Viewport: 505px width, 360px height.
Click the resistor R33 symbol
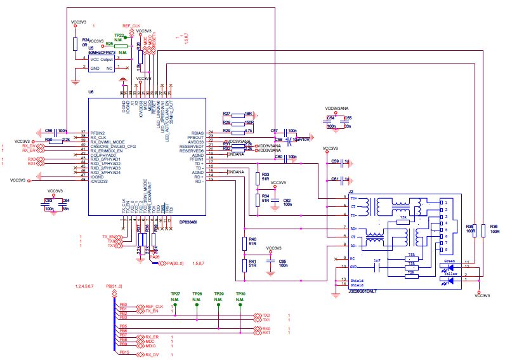pos(258,177)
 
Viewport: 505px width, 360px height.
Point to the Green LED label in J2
pos(449,261)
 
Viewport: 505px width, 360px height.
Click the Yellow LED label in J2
pos(450,273)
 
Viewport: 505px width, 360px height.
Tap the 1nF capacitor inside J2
pos(377,261)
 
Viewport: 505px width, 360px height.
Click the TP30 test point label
pos(240,294)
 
